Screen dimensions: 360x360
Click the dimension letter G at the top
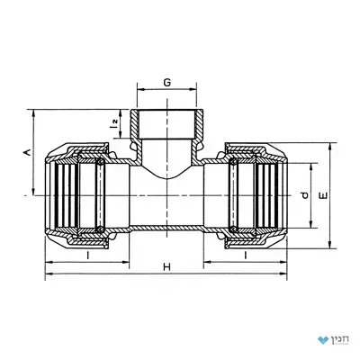click(x=167, y=82)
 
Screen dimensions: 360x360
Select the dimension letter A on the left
click(x=27, y=152)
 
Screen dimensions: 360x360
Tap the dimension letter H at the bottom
click(x=166, y=266)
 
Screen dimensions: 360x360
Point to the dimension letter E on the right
click(x=324, y=195)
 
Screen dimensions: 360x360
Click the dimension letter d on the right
click(x=304, y=195)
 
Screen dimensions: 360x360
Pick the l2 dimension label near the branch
click(x=113, y=123)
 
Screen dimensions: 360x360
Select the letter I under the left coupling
click(x=87, y=256)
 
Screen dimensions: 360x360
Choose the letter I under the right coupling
click(x=246, y=256)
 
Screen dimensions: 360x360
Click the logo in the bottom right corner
click(x=332, y=339)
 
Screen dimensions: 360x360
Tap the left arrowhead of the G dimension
click(x=140, y=89)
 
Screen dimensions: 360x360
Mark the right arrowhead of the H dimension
click(x=283, y=274)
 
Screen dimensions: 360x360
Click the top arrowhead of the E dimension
click(x=330, y=147)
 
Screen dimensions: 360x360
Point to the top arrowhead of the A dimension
click(x=34, y=113)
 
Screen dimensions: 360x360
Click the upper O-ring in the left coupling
click(x=100, y=162)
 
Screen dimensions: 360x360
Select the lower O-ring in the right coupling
click(x=232, y=229)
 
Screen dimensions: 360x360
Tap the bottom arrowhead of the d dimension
click(x=310, y=224)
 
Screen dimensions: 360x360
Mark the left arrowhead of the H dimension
click(x=49, y=274)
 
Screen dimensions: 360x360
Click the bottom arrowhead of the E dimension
click(x=330, y=245)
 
